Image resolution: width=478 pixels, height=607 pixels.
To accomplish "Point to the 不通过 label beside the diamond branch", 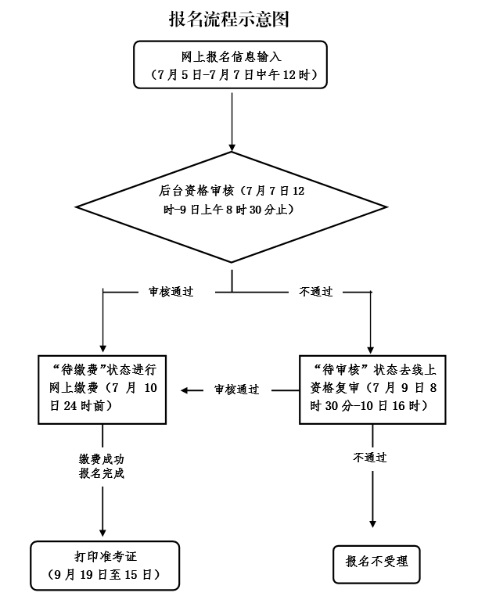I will point(316,293).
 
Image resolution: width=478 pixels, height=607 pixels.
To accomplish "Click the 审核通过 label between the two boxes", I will point(236,390).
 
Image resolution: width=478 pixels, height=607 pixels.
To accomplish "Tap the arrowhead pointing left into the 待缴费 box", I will point(186,390).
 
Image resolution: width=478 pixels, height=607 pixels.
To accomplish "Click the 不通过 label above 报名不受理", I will point(369,458).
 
